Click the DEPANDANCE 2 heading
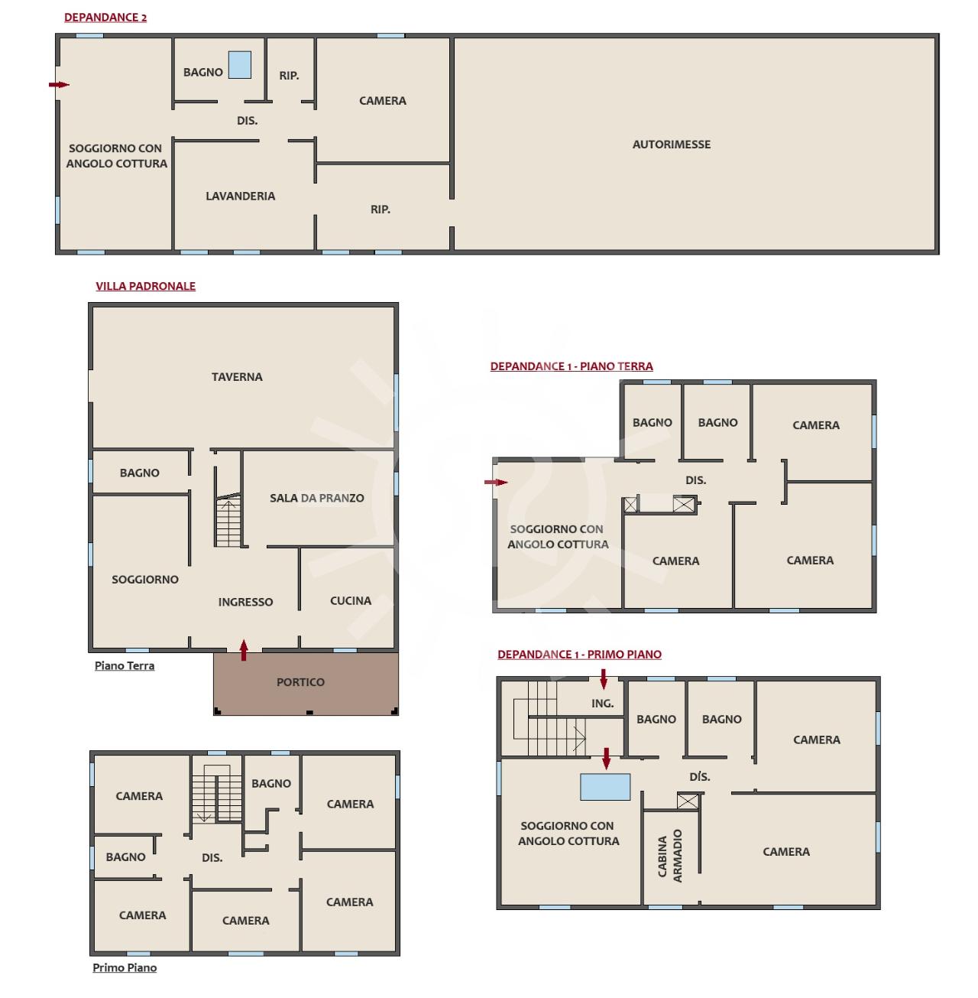tap(105, 17)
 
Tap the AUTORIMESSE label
tap(671, 145)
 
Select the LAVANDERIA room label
tap(240, 196)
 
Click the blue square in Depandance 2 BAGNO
tap(240, 65)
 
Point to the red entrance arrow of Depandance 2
tap(59, 84)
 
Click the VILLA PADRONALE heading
tap(145, 286)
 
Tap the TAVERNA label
tap(237, 376)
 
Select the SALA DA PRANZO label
tap(316, 498)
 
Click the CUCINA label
tap(350, 600)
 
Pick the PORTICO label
tap(300, 681)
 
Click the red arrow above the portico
tap(244, 650)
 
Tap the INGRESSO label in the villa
tap(245, 602)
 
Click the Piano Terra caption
tap(125, 665)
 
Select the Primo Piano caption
tap(125, 967)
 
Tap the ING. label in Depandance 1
tap(602, 704)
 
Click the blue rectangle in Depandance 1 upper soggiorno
tap(605, 787)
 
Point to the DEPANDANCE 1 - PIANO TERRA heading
tap(572, 366)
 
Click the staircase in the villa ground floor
tap(228, 521)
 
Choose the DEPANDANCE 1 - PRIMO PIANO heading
tap(579, 654)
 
